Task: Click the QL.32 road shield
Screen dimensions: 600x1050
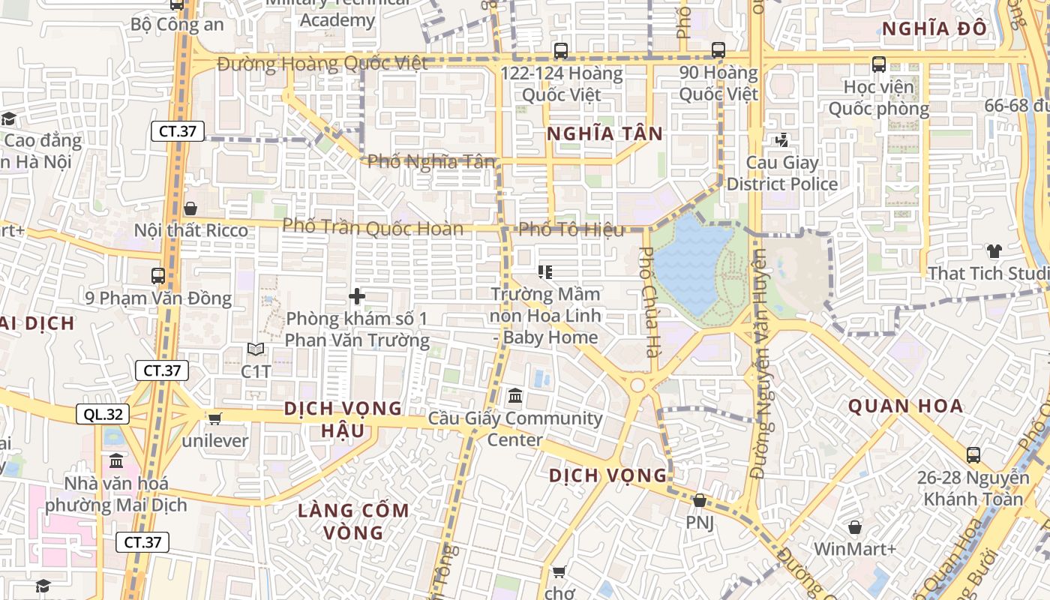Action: click(x=103, y=414)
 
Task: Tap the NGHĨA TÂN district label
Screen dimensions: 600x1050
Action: click(x=604, y=133)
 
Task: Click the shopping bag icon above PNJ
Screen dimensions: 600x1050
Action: click(x=700, y=499)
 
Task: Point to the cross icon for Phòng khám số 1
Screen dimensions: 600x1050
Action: click(x=357, y=296)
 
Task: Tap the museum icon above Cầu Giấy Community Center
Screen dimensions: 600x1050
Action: click(x=515, y=395)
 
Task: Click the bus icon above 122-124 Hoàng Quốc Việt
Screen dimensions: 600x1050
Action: click(x=561, y=51)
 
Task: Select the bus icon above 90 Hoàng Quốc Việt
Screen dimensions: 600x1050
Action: click(x=718, y=50)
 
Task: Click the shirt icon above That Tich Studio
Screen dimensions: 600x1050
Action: click(x=994, y=251)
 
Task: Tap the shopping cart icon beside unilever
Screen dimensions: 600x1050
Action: click(x=215, y=418)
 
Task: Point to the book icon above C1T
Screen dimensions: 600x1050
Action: click(x=256, y=349)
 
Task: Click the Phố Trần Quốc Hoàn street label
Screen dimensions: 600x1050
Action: click(x=373, y=226)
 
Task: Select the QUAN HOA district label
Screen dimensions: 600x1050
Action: click(x=905, y=406)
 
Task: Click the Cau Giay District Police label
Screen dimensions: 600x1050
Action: click(x=782, y=173)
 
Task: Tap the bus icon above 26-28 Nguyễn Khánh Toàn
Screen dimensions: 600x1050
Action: click(x=973, y=454)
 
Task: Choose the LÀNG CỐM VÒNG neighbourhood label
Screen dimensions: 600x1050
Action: click(x=354, y=521)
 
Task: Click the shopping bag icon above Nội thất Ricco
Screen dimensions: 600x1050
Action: click(x=190, y=208)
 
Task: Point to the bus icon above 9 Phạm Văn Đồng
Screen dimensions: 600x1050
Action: click(x=158, y=276)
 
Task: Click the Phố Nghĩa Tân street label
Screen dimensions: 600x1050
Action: click(x=431, y=161)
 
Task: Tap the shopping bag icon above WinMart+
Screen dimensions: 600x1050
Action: click(x=854, y=527)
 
